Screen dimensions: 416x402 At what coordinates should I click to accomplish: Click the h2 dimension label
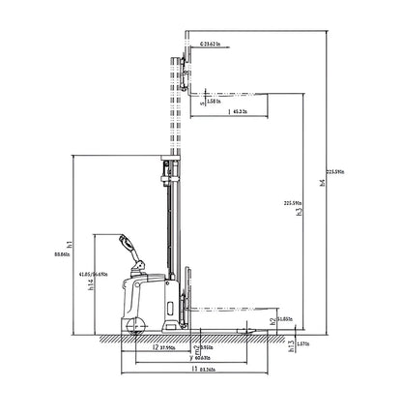tap(271, 320)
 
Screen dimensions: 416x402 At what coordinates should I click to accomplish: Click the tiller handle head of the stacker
tap(125, 241)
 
